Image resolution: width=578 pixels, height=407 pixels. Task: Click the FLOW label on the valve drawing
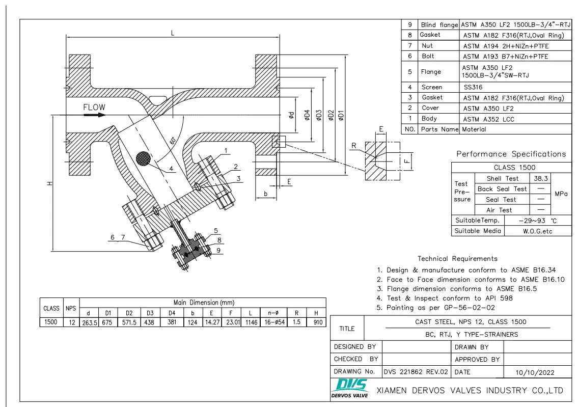point(95,107)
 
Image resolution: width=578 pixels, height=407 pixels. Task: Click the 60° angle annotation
point(173,140)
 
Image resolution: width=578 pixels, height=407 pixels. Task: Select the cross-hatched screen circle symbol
point(144,158)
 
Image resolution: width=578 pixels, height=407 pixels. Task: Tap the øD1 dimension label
point(341,116)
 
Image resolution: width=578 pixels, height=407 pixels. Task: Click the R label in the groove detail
point(354,146)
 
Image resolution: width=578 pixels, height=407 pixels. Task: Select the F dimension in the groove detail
point(406,162)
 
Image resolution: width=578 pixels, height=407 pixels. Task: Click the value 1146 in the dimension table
point(252,322)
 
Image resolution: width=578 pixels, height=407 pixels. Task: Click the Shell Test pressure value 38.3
point(540,179)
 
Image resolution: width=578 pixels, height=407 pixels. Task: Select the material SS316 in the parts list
point(473,87)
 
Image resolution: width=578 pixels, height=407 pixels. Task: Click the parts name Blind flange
point(439,25)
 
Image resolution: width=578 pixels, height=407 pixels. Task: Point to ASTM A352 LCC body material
point(488,119)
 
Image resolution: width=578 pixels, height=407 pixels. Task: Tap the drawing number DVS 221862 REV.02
point(416,372)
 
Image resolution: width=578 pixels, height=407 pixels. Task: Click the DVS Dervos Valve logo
point(348,388)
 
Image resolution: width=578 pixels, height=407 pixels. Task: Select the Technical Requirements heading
point(457,259)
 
